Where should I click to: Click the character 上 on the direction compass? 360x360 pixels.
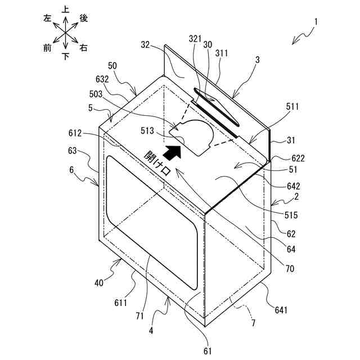(66, 10)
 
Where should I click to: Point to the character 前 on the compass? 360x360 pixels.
(47, 48)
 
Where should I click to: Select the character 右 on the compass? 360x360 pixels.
(84, 48)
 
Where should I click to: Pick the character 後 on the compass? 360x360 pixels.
(84, 18)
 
